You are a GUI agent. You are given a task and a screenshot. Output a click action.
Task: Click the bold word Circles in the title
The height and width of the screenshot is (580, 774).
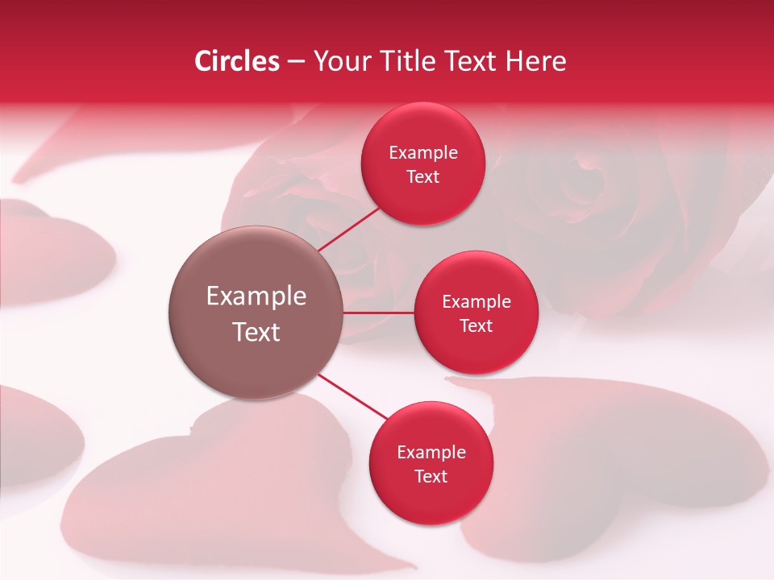pyautogui.click(x=237, y=61)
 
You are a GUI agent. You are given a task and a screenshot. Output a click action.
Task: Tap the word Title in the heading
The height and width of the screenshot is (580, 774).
pyautogui.click(x=408, y=61)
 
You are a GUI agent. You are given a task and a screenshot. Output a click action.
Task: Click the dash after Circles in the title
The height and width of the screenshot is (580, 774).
pyautogui.click(x=296, y=62)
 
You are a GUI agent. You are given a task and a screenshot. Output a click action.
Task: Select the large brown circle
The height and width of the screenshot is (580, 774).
pyautogui.click(x=256, y=313)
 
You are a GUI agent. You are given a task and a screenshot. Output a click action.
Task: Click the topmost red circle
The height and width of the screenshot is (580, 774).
pyautogui.click(x=422, y=164)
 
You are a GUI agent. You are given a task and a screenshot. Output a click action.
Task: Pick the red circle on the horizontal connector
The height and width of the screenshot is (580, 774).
pyautogui.click(x=476, y=313)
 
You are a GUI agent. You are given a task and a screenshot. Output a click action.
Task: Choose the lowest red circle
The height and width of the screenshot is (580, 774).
pyautogui.click(x=431, y=464)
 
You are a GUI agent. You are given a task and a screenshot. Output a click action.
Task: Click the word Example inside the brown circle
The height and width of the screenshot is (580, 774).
pyautogui.click(x=256, y=296)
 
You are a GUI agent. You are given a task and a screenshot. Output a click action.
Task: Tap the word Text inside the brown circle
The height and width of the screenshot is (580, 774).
pyautogui.click(x=256, y=332)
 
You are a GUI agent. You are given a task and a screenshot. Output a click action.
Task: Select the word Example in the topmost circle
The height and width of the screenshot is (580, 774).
pyautogui.click(x=422, y=152)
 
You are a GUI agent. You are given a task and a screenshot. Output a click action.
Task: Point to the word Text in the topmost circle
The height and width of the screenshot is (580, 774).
pyautogui.click(x=422, y=176)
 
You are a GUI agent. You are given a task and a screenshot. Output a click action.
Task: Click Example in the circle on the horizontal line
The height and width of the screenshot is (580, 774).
pyautogui.click(x=476, y=301)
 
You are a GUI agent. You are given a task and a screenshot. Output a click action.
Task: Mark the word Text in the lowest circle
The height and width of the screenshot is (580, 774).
pyautogui.click(x=431, y=476)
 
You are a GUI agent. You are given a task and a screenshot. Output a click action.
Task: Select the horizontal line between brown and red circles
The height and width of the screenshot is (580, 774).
pyautogui.click(x=379, y=313)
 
